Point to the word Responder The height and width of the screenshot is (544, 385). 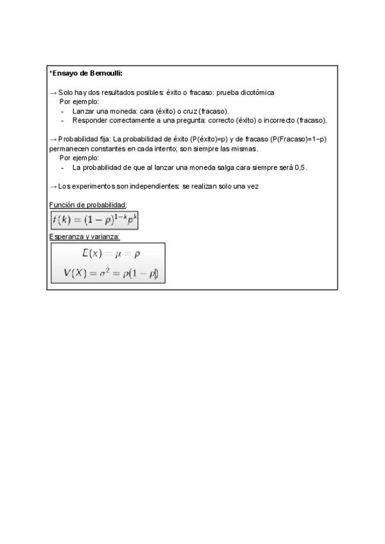(89, 120)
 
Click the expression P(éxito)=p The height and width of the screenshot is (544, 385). (210, 139)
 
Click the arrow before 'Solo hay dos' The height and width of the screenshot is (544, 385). (53, 92)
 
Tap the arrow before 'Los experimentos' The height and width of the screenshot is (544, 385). (53, 186)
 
